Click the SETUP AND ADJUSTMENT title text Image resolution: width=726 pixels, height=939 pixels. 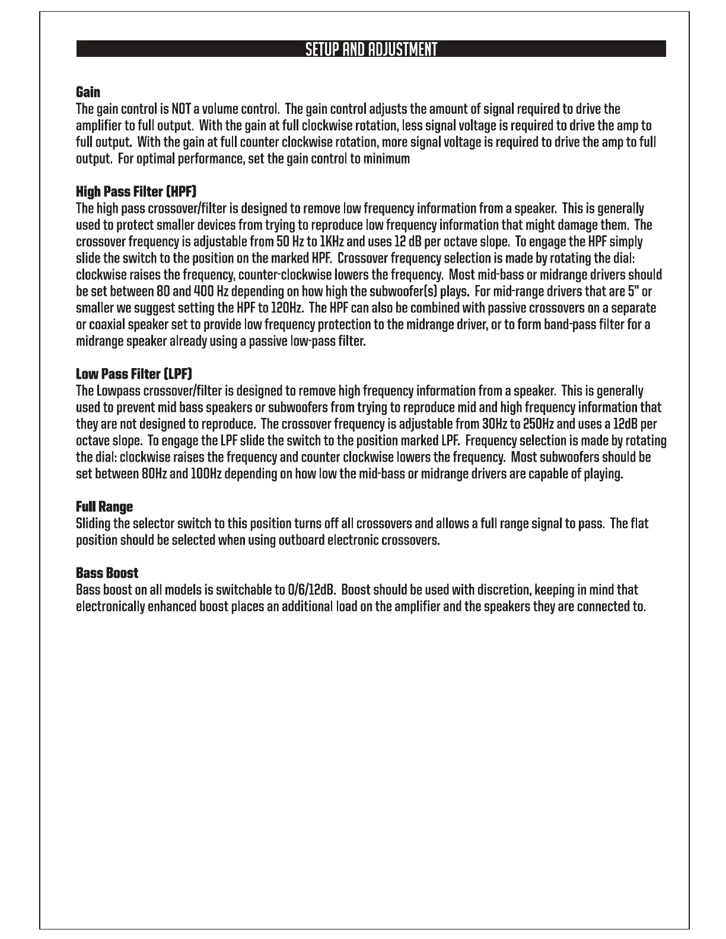371,49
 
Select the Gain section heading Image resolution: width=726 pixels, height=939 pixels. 88,92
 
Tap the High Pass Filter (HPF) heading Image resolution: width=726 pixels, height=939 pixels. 136,191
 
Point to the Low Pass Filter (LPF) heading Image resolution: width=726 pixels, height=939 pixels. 134,374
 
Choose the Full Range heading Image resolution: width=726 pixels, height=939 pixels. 104,507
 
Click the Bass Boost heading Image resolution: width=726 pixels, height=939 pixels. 107,573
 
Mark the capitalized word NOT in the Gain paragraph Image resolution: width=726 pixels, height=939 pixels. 181,109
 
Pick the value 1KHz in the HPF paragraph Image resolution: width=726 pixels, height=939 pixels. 331,242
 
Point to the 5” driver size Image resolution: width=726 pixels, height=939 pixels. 631,292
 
